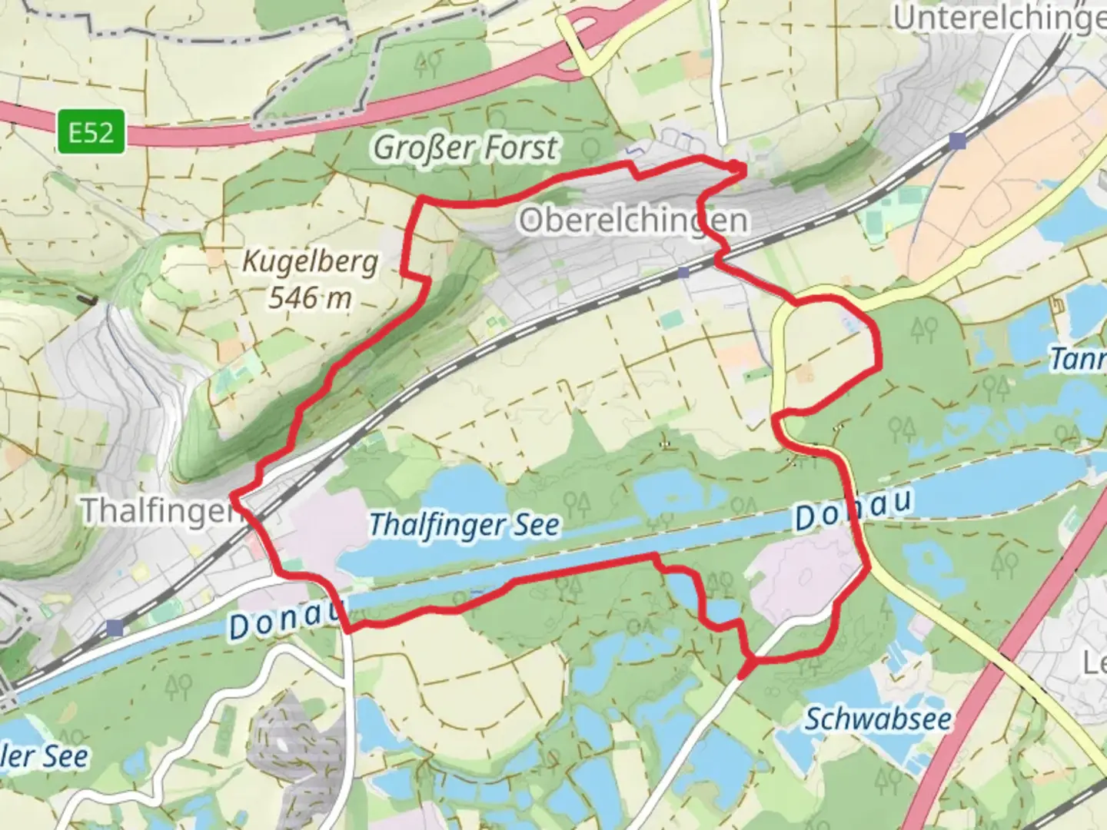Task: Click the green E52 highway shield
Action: [91, 132]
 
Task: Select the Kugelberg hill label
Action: [311, 261]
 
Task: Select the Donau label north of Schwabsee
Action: [853, 510]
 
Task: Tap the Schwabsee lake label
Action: [878, 720]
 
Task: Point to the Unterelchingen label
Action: [999, 17]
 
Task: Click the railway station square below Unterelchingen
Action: [957, 141]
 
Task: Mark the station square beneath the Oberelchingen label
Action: [683, 272]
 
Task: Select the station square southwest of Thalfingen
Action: [115, 628]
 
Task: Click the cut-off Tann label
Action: [1078, 359]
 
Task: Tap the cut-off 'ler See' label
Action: [45, 757]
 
